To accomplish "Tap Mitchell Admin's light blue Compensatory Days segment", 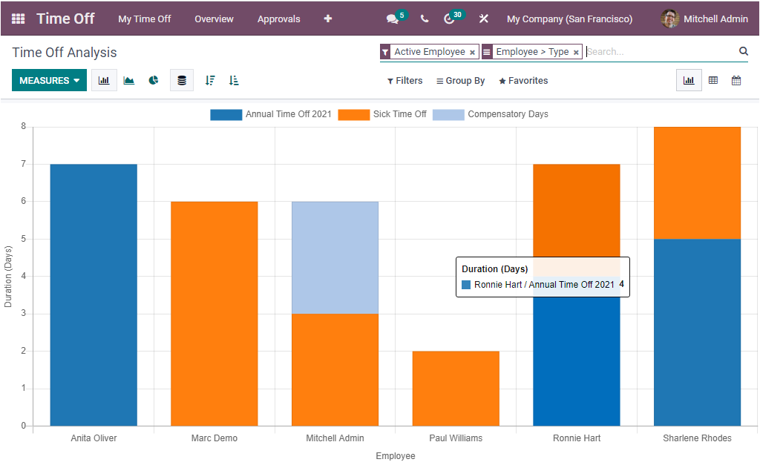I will pos(335,257).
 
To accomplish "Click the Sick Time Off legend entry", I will pos(382,114).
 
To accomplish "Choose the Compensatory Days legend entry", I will pos(491,114).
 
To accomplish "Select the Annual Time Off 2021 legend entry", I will pos(271,114).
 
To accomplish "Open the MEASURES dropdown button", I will pos(49,80).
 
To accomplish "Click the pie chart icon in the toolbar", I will pos(154,80).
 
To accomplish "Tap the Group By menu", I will pos(460,81).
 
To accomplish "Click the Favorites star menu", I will pos(523,81).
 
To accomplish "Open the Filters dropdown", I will pos(404,81).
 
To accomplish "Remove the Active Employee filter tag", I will pos(472,53).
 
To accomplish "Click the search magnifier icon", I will pos(743,51).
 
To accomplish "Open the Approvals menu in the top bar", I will pos(278,19).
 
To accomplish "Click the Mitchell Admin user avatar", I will pos(669,19).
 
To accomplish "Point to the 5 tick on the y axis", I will pos(22,239).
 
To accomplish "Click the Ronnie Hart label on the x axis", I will pos(577,438).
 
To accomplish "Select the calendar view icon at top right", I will pos(736,80).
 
